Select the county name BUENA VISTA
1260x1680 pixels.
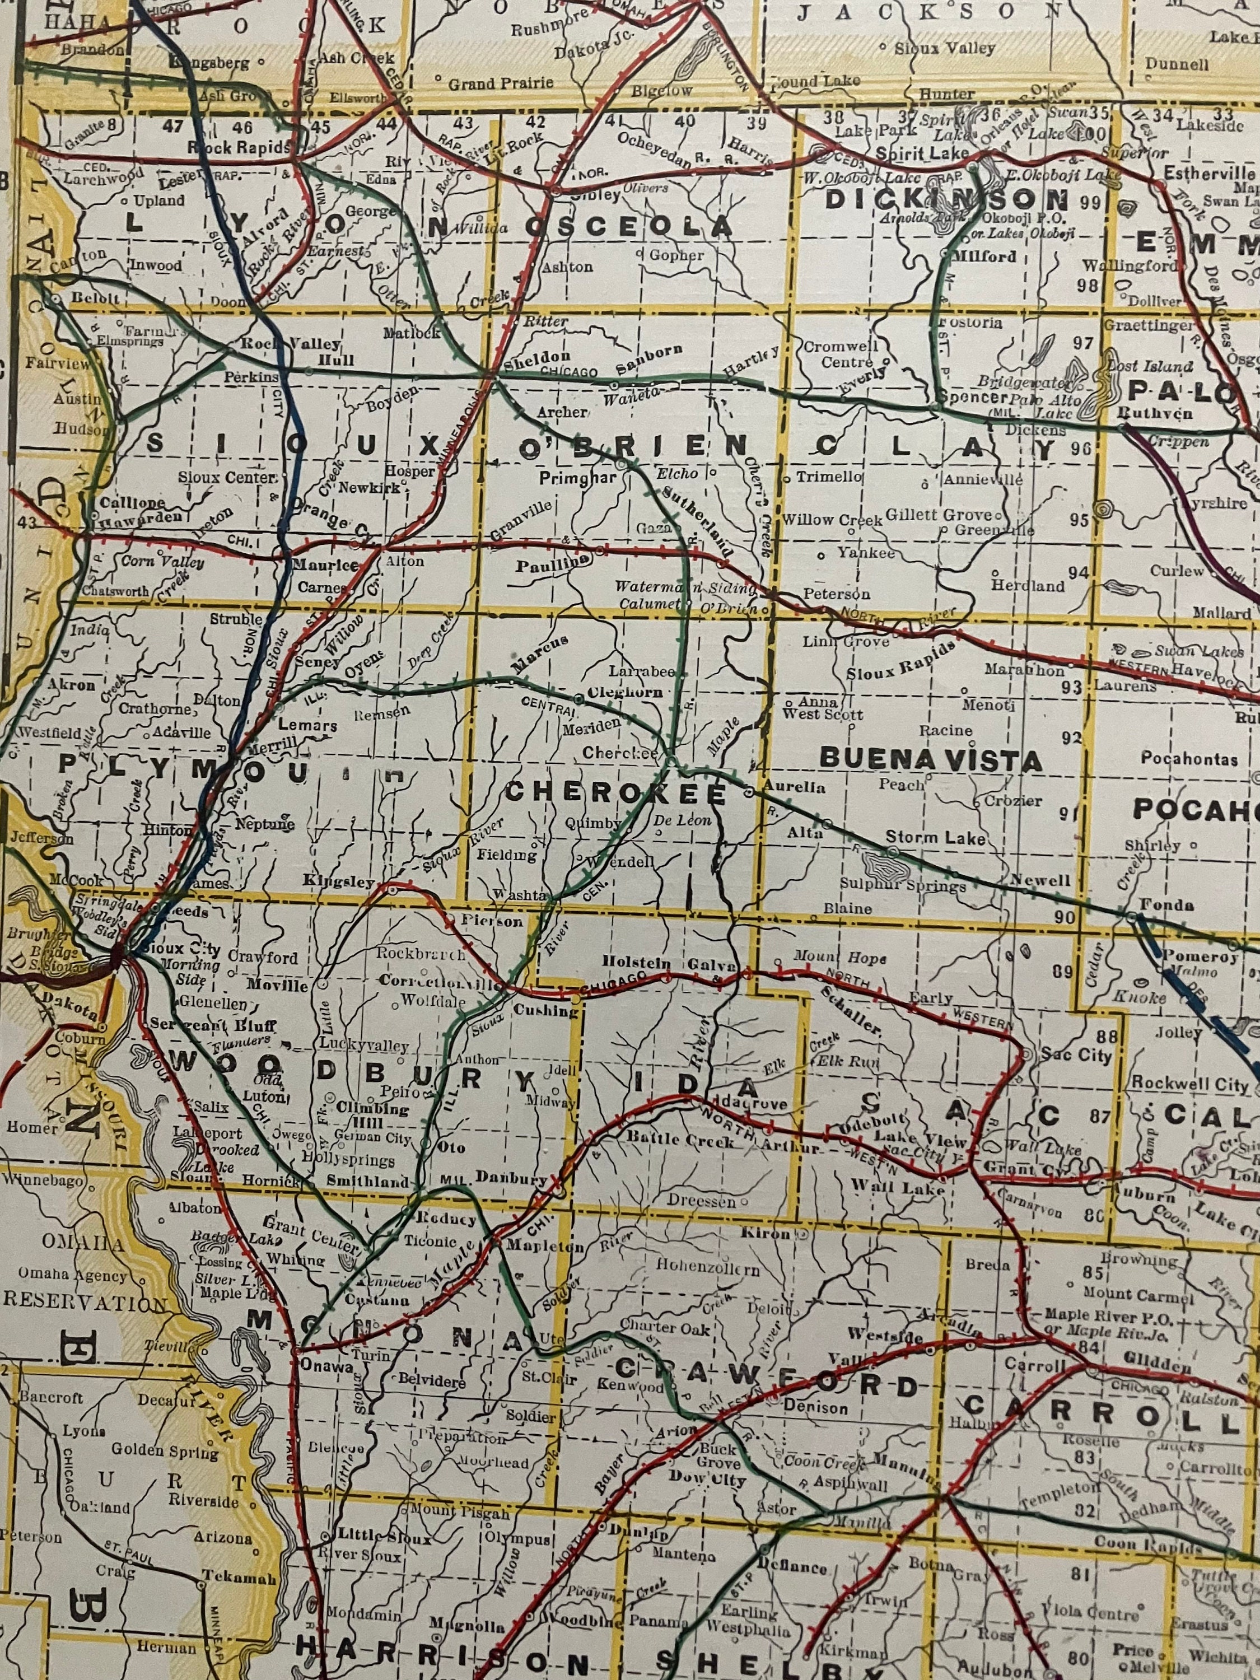point(931,759)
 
